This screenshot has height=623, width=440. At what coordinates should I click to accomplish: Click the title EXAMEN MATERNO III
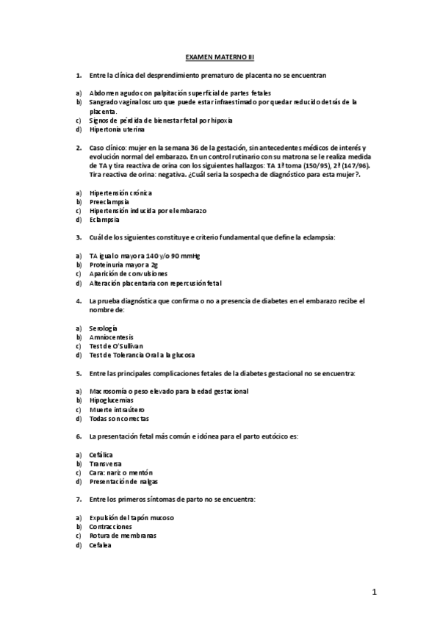click(x=219, y=56)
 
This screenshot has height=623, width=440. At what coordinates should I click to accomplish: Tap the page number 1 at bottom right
click(x=374, y=591)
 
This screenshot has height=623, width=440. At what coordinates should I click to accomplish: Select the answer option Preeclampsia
click(x=109, y=201)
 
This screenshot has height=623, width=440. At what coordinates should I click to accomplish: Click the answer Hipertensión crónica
click(x=117, y=192)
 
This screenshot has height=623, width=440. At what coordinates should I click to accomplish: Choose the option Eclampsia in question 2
click(x=103, y=219)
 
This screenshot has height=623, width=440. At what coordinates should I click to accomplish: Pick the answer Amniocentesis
click(x=111, y=336)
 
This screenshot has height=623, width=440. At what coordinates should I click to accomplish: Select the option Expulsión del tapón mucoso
click(x=131, y=518)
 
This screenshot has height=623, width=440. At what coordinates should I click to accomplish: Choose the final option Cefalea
click(x=101, y=545)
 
